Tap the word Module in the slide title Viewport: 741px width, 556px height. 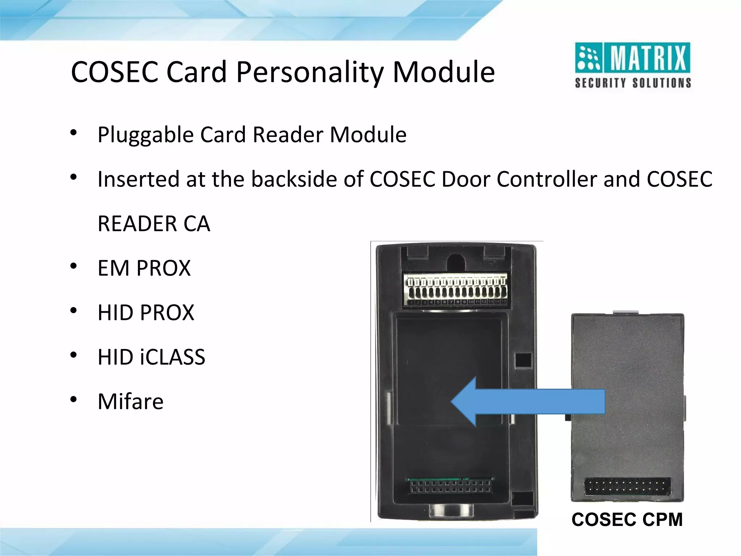(x=444, y=72)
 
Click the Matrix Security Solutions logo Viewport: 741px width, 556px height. (x=633, y=65)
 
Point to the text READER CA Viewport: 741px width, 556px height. (x=154, y=224)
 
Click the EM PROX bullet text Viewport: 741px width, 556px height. (x=144, y=268)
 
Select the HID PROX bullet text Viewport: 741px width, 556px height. (x=146, y=313)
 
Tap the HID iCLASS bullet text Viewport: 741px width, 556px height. (x=151, y=357)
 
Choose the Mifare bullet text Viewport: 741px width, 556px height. (x=131, y=402)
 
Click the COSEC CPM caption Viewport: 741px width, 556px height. (x=627, y=520)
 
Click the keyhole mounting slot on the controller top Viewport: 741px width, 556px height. (x=456, y=261)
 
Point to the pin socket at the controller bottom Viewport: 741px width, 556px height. (x=451, y=486)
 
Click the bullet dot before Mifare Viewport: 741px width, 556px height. (x=73, y=400)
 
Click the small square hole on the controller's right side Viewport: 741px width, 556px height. (x=523, y=360)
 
